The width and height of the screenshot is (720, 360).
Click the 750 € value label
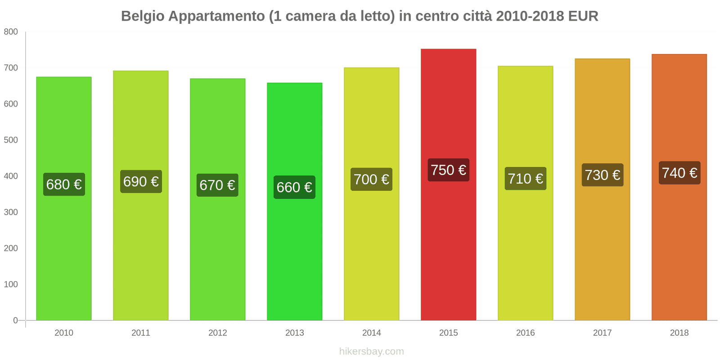tap(448, 170)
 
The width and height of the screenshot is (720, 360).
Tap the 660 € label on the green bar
tap(294, 187)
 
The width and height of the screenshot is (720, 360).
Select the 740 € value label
tap(679, 173)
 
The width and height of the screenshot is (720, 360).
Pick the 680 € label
tap(64, 184)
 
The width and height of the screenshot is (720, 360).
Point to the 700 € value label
tap(371, 180)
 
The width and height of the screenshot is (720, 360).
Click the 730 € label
tap(602, 175)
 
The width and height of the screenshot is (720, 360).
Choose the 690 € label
tap(141, 182)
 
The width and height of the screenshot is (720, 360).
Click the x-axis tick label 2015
tap(448, 333)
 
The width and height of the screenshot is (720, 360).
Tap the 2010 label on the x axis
tap(64, 333)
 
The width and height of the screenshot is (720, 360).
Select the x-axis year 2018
tap(679, 333)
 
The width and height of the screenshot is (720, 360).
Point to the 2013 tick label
tap(294, 333)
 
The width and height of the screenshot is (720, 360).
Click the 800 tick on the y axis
tap(11, 32)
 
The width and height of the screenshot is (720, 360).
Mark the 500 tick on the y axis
tap(11, 140)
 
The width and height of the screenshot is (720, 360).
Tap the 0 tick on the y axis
tap(15, 320)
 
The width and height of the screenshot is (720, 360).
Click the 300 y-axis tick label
tap(11, 212)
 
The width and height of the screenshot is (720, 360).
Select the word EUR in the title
tap(583, 16)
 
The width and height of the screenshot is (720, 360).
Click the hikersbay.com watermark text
tap(371, 351)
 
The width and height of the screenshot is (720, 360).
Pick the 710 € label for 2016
tap(525, 179)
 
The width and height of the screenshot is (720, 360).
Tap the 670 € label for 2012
tap(217, 185)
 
